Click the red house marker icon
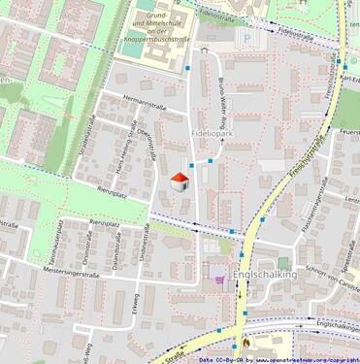click(180, 181)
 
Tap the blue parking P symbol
click(246, 38)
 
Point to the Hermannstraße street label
click(134, 101)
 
